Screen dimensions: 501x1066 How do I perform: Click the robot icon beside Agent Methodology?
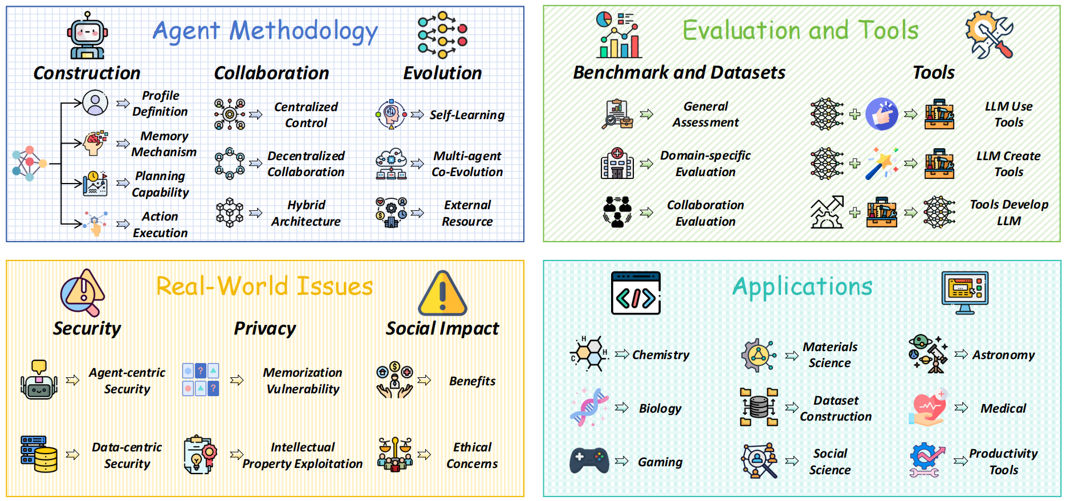point(87,36)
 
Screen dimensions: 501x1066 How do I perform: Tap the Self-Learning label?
point(467,115)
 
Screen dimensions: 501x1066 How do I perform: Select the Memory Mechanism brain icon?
point(95,143)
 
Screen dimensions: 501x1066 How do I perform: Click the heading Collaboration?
point(271,73)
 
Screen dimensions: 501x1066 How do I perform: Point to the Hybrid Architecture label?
point(306,213)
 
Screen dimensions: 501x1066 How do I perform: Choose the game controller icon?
point(589,461)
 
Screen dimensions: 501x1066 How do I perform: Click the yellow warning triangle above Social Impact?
point(442,294)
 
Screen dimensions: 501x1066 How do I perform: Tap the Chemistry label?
point(661,355)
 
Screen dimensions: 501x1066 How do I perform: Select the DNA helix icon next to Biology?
point(589,408)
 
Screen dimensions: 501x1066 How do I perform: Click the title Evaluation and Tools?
point(800,30)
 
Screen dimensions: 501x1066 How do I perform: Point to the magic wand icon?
point(882,164)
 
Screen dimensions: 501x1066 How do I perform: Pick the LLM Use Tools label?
point(1008,115)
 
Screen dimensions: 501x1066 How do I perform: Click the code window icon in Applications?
point(636,293)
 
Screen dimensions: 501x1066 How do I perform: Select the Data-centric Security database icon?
point(39,454)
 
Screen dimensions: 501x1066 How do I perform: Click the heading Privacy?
point(265,328)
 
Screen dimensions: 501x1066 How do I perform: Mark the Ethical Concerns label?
point(472,455)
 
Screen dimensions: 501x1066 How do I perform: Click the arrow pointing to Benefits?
point(424,380)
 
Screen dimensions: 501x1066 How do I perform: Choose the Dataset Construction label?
point(836,409)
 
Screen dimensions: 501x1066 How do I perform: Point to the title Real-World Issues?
point(265,286)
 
